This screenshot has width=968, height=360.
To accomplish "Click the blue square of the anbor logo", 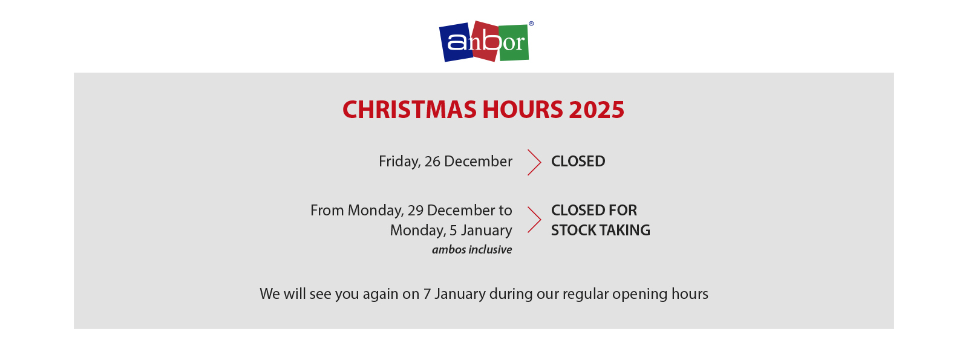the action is click(x=456, y=42).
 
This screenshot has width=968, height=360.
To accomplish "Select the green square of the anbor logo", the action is click(x=514, y=42).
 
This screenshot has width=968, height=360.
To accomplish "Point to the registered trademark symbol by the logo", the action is click(x=531, y=24).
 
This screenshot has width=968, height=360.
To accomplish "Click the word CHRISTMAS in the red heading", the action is click(x=409, y=110).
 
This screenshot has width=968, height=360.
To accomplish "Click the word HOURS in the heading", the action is click(x=523, y=110).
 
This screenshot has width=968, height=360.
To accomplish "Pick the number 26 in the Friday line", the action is click(x=432, y=161).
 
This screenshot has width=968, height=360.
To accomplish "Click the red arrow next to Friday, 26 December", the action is click(x=535, y=163).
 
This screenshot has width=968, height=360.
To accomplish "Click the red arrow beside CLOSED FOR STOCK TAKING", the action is click(x=535, y=220).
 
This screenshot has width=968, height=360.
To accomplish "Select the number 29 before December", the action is click(x=415, y=211).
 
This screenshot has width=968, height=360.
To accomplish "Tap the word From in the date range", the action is click(x=327, y=211).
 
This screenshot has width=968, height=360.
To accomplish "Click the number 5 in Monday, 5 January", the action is click(x=454, y=231).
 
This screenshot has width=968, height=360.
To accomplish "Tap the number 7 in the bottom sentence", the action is click(x=427, y=294).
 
